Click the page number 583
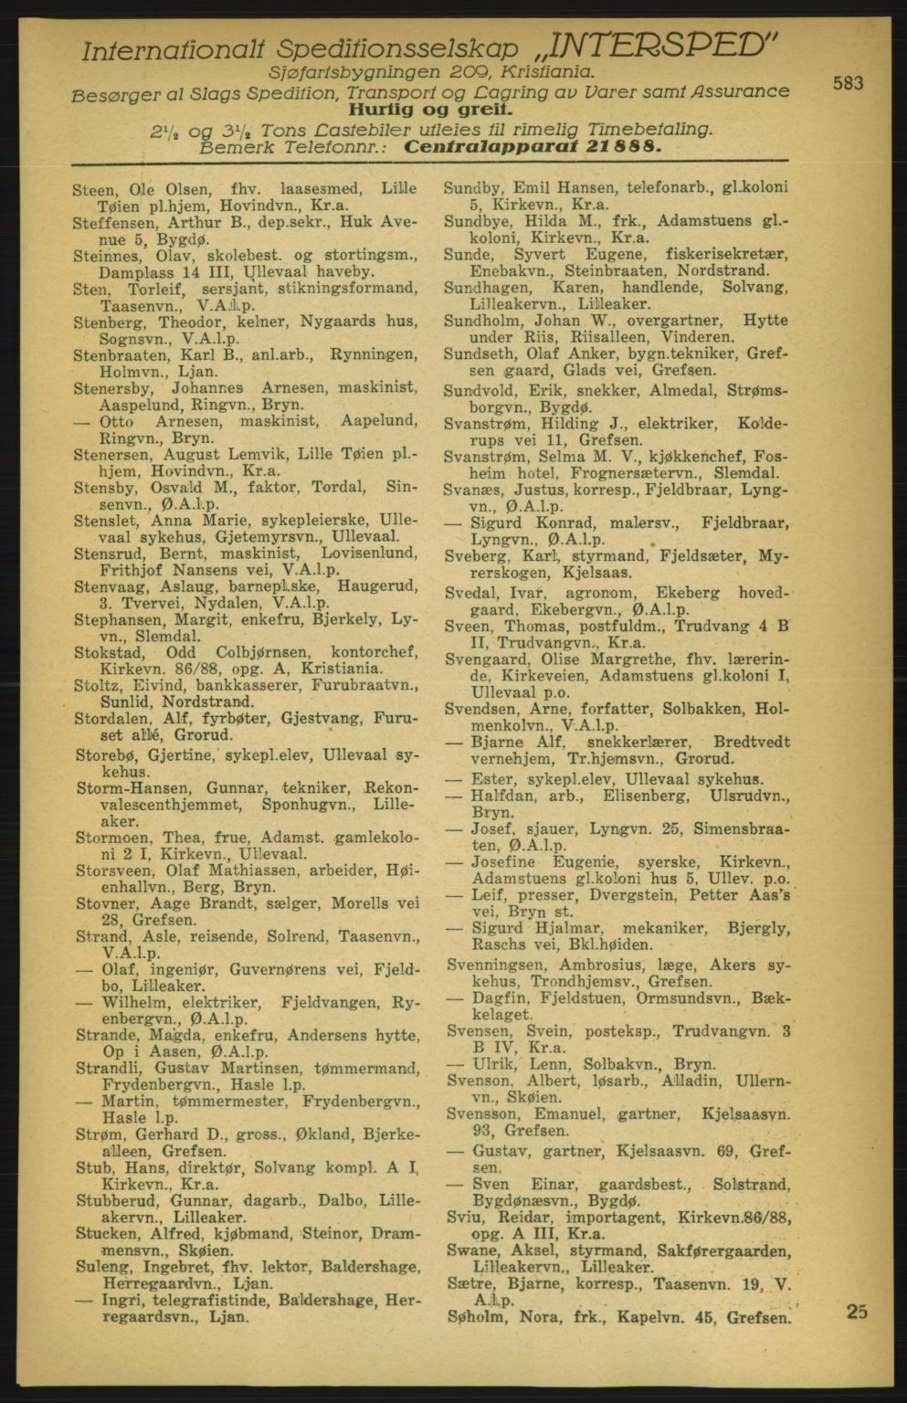point(848,83)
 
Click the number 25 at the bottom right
point(857,1312)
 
